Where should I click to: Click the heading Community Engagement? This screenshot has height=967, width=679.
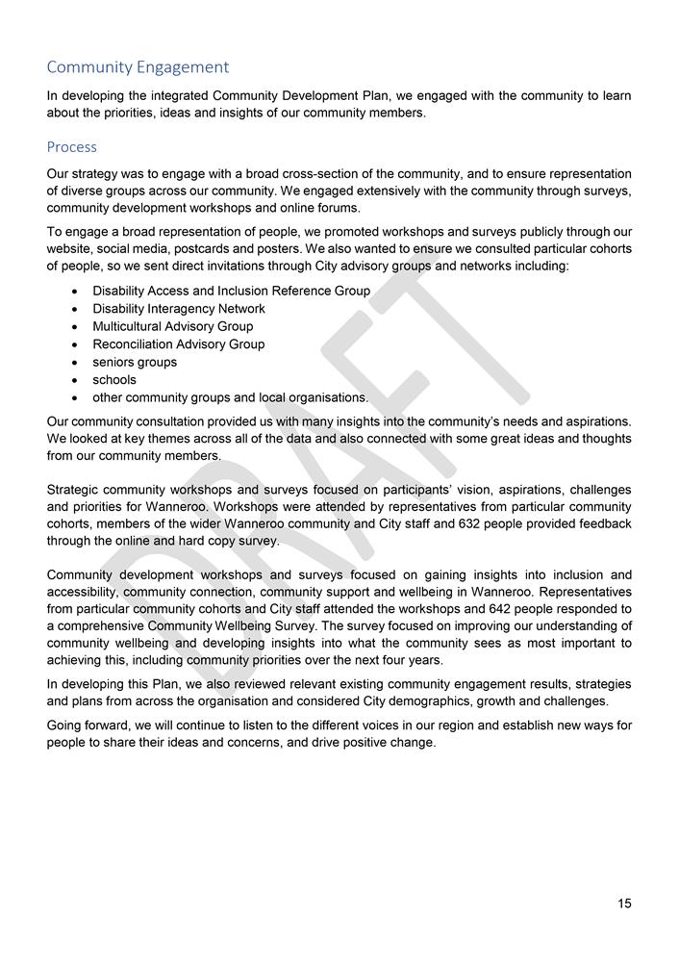click(138, 67)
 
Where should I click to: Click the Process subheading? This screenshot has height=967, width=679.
click(72, 147)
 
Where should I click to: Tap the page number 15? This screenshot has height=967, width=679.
click(624, 903)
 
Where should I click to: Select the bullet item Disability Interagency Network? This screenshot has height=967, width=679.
click(179, 309)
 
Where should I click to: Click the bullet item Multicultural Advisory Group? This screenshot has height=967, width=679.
click(173, 326)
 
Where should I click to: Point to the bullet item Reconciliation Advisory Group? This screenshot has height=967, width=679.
click(179, 344)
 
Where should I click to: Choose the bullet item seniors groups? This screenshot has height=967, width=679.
click(135, 362)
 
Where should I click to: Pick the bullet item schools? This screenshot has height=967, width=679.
click(114, 380)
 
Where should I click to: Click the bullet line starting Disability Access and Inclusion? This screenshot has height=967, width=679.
click(231, 291)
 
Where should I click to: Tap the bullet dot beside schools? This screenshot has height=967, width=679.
click(75, 380)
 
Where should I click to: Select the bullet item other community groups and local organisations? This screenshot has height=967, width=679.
click(230, 397)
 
